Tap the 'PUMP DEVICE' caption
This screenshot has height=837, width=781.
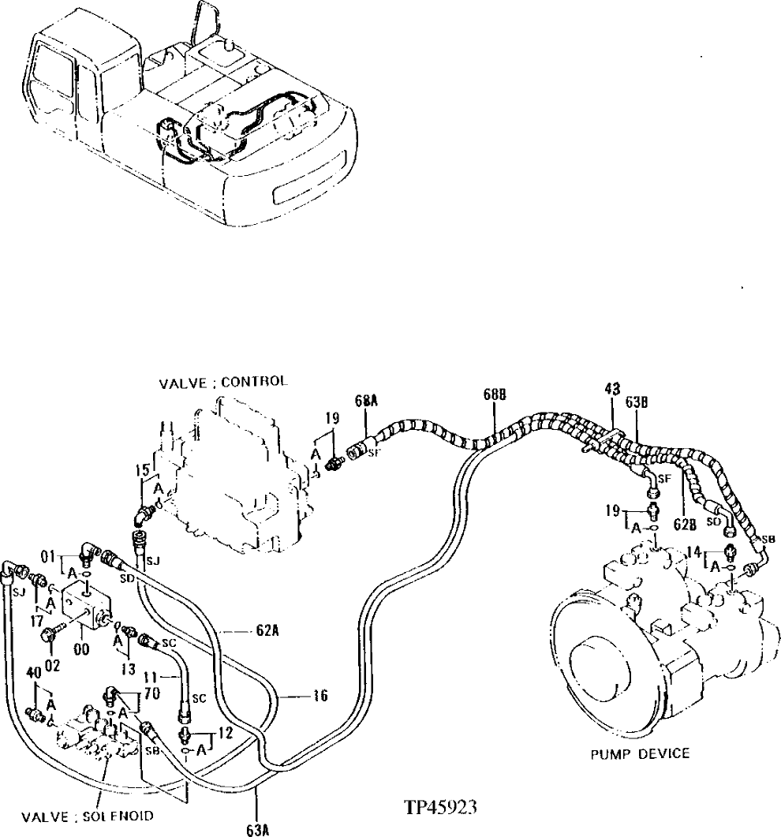[x=641, y=753]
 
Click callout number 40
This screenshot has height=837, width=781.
[x=33, y=672]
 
